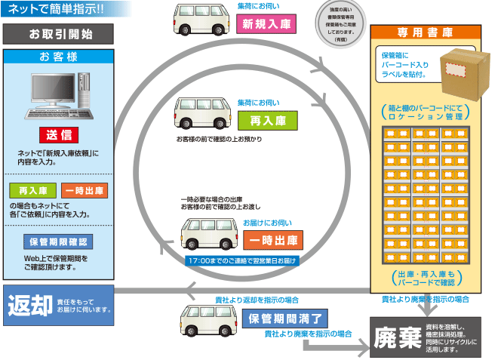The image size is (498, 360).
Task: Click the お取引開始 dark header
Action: pos(59,34)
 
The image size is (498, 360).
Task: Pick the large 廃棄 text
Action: pos(397,337)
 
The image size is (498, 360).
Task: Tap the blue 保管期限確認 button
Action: pos(59,242)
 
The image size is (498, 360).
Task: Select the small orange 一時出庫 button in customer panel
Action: pos(85,190)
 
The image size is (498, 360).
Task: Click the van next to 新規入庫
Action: pos(200,23)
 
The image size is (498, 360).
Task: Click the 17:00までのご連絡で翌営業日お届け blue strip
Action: pos(242,260)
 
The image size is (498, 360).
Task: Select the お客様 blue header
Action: pos(59,57)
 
